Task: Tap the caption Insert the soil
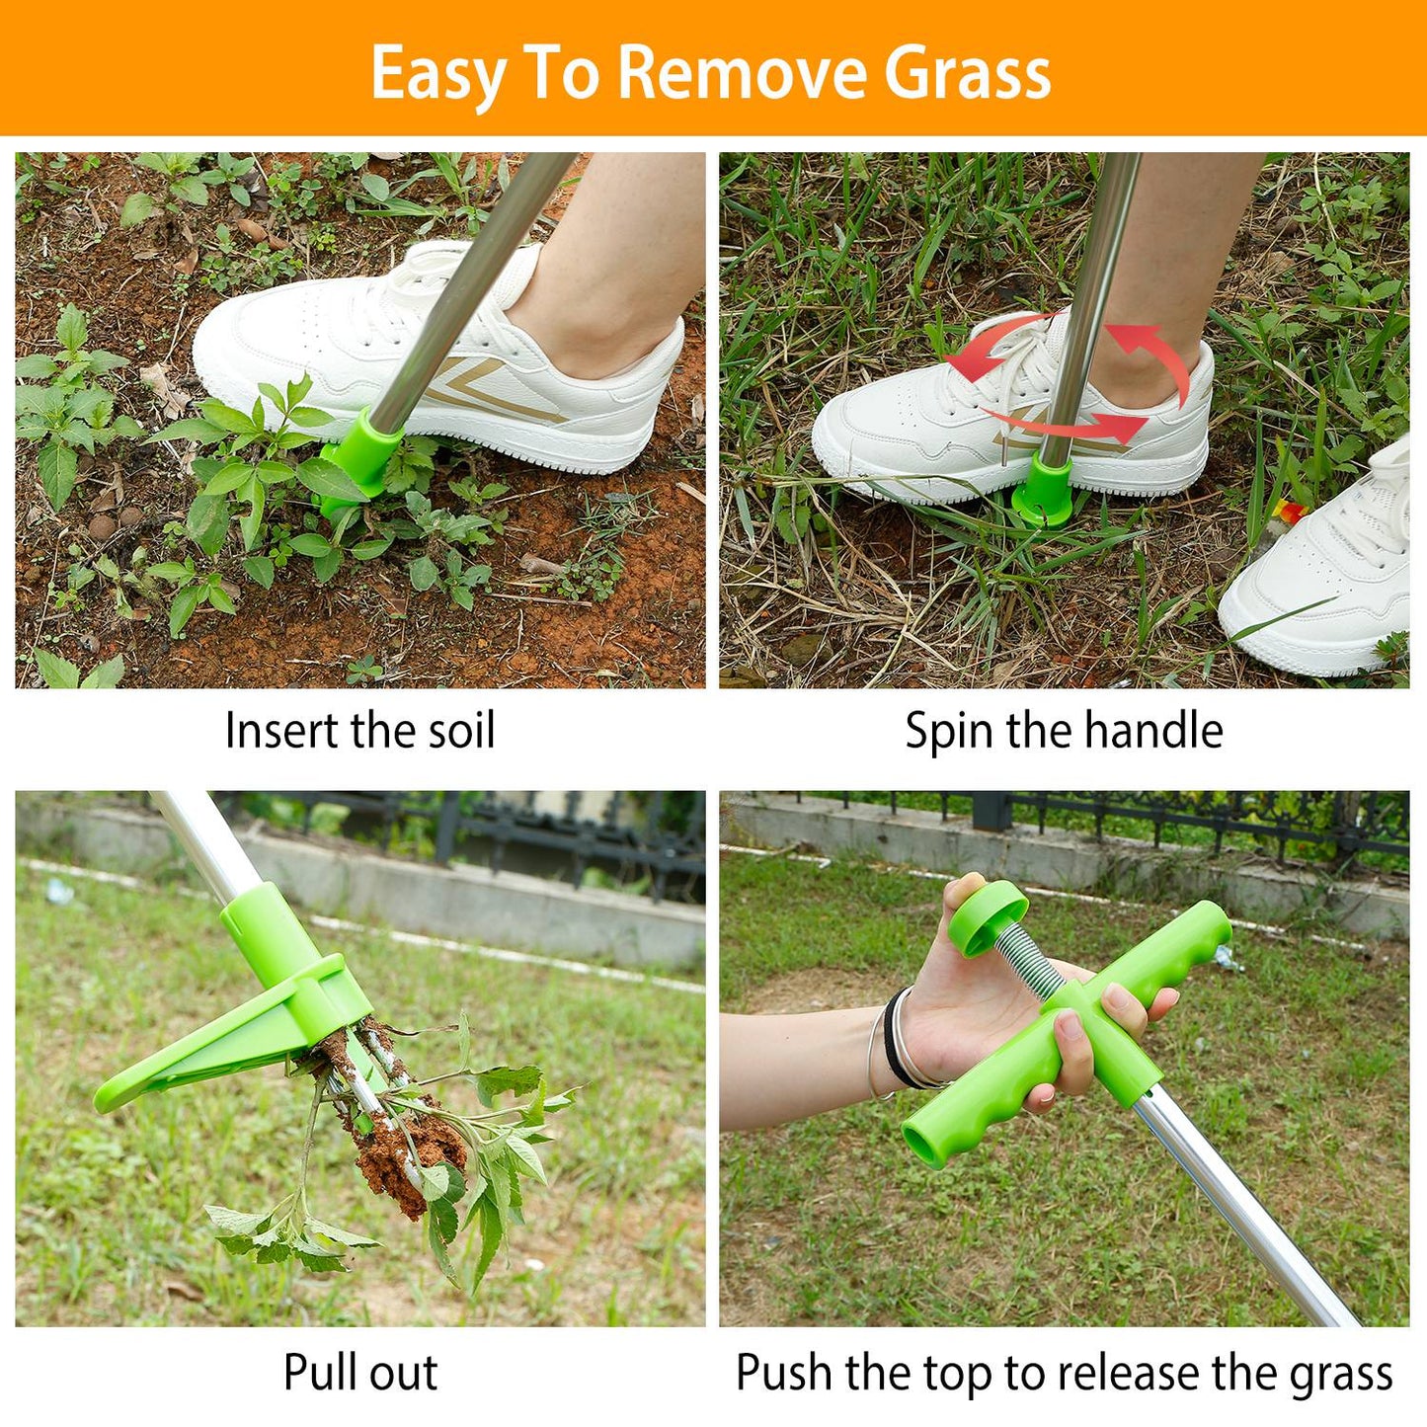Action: tap(359, 732)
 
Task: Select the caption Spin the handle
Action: tap(1064, 732)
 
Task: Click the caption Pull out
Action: tap(359, 1373)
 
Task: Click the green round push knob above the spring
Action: tap(986, 916)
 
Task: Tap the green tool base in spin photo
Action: tap(1045, 494)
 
